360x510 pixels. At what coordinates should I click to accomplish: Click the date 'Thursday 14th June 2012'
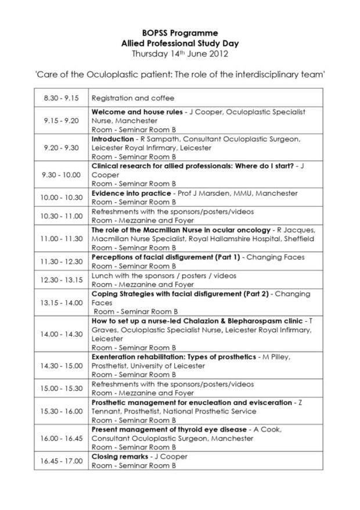tap(180, 54)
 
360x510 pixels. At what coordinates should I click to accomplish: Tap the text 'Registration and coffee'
tap(133, 98)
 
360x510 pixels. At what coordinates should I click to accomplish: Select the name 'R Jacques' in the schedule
tap(314, 229)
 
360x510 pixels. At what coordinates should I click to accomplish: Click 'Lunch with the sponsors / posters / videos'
tap(164, 275)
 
